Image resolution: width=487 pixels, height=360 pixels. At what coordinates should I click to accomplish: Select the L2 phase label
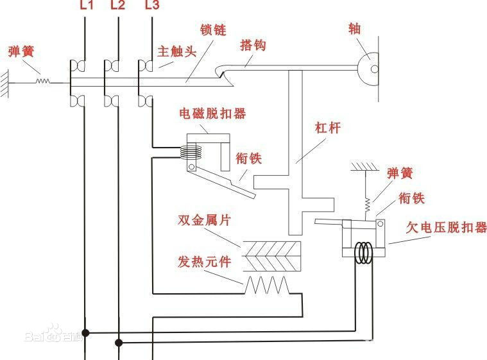(118, 6)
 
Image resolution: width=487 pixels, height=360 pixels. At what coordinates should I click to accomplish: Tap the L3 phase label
(151, 6)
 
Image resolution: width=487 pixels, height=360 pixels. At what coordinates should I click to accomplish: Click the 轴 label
(354, 29)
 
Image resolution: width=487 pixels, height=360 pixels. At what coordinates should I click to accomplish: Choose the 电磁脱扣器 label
(212, 114)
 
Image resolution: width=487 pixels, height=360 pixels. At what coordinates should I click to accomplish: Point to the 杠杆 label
(327, 127)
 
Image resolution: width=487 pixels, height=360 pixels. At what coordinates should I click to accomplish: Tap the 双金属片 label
(204, 220)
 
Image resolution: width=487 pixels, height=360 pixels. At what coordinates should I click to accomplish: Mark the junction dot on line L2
(118, 342)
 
